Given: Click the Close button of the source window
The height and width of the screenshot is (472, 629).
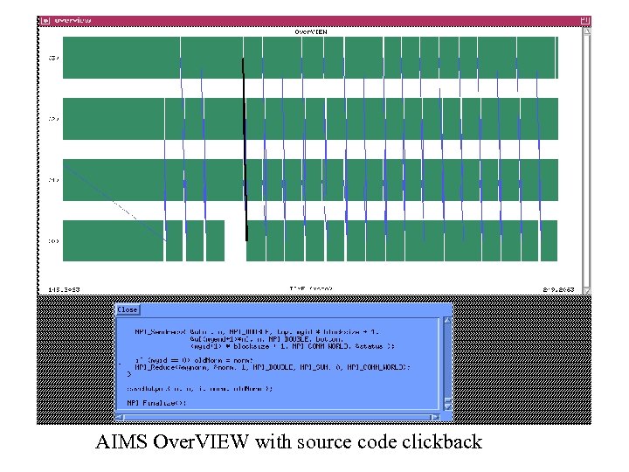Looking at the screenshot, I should click(x=128, y=309).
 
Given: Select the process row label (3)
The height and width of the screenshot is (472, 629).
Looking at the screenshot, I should click(x=53, y=58).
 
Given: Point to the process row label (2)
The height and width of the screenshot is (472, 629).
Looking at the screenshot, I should click(x=53, y=119).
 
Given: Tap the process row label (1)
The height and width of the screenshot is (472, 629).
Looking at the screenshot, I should click(x=53, y=180).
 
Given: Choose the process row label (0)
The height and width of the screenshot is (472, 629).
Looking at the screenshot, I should click(x=53, y=240).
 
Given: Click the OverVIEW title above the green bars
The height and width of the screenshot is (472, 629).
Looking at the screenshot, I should click(x=310, y=31).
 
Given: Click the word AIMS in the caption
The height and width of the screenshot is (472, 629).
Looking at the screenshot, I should click(x=121, y=441).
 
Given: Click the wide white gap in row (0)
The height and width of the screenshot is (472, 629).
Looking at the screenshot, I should click(x=234, y=240).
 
